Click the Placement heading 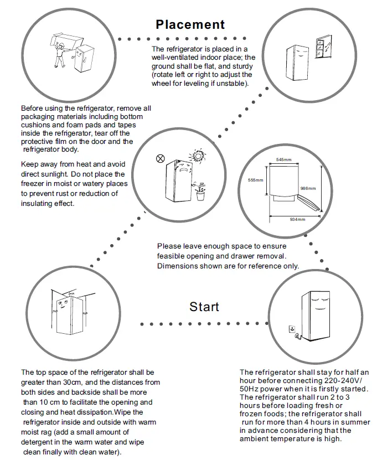190,24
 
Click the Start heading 204,307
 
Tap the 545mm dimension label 284,159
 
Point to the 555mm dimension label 255,180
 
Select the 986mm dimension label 307,188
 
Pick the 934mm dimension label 298,220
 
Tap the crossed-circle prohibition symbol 161,158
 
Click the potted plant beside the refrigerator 200,193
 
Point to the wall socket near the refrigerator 290,329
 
